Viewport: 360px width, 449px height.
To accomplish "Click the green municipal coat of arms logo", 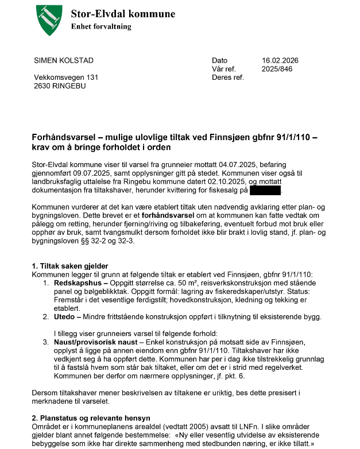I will pos(48,20).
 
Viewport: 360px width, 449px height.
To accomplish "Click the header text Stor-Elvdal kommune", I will pos(123,14).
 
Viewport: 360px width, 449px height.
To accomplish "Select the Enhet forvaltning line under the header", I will pos(101,26).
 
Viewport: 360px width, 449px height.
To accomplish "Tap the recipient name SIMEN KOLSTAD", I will pos(64,61).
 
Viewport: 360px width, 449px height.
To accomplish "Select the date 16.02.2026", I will pos(280,61).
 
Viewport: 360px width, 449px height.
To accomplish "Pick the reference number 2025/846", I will pos(277,69).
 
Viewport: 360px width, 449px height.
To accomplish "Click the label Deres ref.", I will pos(228,77).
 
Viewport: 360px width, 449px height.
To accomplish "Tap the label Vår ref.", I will pos(224,69).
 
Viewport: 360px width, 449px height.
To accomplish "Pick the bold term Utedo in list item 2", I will pos(65,316).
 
